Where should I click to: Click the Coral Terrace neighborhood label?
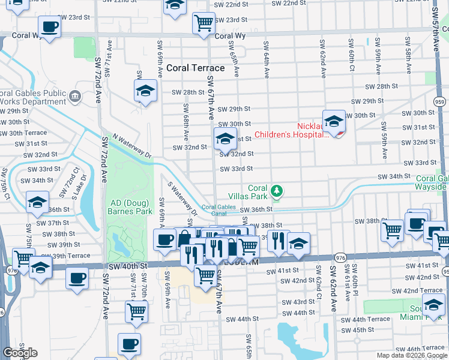point(196,68)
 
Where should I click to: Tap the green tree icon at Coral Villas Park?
point(276,191)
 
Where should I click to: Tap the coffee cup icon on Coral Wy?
point(49,26)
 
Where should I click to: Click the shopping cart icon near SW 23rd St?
point(203,23)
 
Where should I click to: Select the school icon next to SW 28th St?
point(144,91)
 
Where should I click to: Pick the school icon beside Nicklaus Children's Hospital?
point(334,121)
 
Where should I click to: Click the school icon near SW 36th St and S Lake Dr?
point(37,202)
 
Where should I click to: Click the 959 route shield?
point(440,102)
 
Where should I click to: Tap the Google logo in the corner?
point(19,353)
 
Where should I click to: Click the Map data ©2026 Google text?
point(412,355)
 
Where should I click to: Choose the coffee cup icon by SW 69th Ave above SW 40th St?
point(164,240)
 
